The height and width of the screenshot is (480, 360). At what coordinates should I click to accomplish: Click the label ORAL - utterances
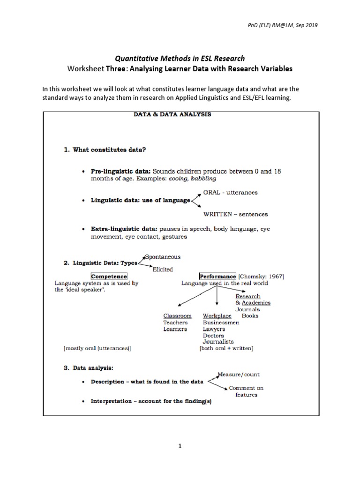230,192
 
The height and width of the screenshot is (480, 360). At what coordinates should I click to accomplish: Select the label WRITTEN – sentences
235,214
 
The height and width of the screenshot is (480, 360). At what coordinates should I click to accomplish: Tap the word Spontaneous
163,256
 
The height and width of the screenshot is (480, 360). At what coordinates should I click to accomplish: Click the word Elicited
163,269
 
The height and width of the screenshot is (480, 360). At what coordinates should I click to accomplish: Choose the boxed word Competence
109,277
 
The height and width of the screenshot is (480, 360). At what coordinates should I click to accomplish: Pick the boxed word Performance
218,277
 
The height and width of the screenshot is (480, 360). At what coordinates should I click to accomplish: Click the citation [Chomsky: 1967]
261,277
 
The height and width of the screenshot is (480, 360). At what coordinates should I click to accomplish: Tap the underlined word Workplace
217,316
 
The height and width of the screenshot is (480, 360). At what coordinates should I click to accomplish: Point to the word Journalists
218,342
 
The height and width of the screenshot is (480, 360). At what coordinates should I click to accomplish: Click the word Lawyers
214,329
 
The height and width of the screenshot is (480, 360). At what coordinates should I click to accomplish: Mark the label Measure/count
239,374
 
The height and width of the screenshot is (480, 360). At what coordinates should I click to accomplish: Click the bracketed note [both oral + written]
226,348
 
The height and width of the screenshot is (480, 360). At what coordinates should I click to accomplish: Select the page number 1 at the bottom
180,446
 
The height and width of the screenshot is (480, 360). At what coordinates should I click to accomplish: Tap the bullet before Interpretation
83,402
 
